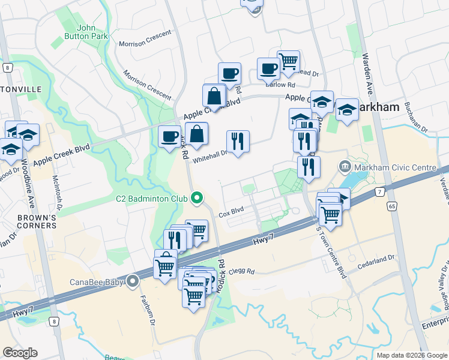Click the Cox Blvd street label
click(231, 213)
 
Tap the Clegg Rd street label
click(243, 271)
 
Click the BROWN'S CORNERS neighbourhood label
click(37, 221)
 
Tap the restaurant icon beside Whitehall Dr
click(238, 141)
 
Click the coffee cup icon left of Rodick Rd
click(169, 136)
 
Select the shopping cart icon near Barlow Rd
click(288, 61)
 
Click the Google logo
click(20, 353)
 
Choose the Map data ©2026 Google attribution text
click(412, 355)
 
